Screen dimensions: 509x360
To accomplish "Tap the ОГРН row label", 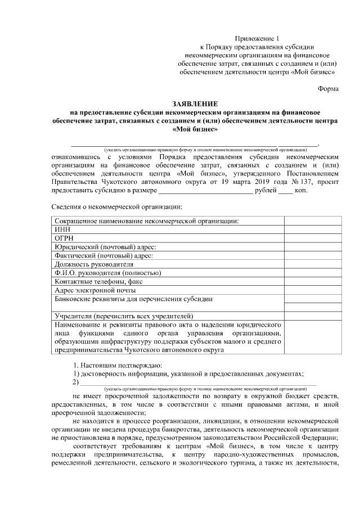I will [64, 238].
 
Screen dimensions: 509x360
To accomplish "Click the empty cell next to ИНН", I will [313, 229].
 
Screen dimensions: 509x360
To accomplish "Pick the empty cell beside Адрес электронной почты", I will [313, 290].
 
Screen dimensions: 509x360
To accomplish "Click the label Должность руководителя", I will [94, 264].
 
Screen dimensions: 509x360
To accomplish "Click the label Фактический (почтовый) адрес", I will [103, 255].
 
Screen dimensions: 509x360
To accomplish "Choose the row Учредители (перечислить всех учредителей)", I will [124, 315].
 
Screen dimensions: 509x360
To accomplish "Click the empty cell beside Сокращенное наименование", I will [313, 221].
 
